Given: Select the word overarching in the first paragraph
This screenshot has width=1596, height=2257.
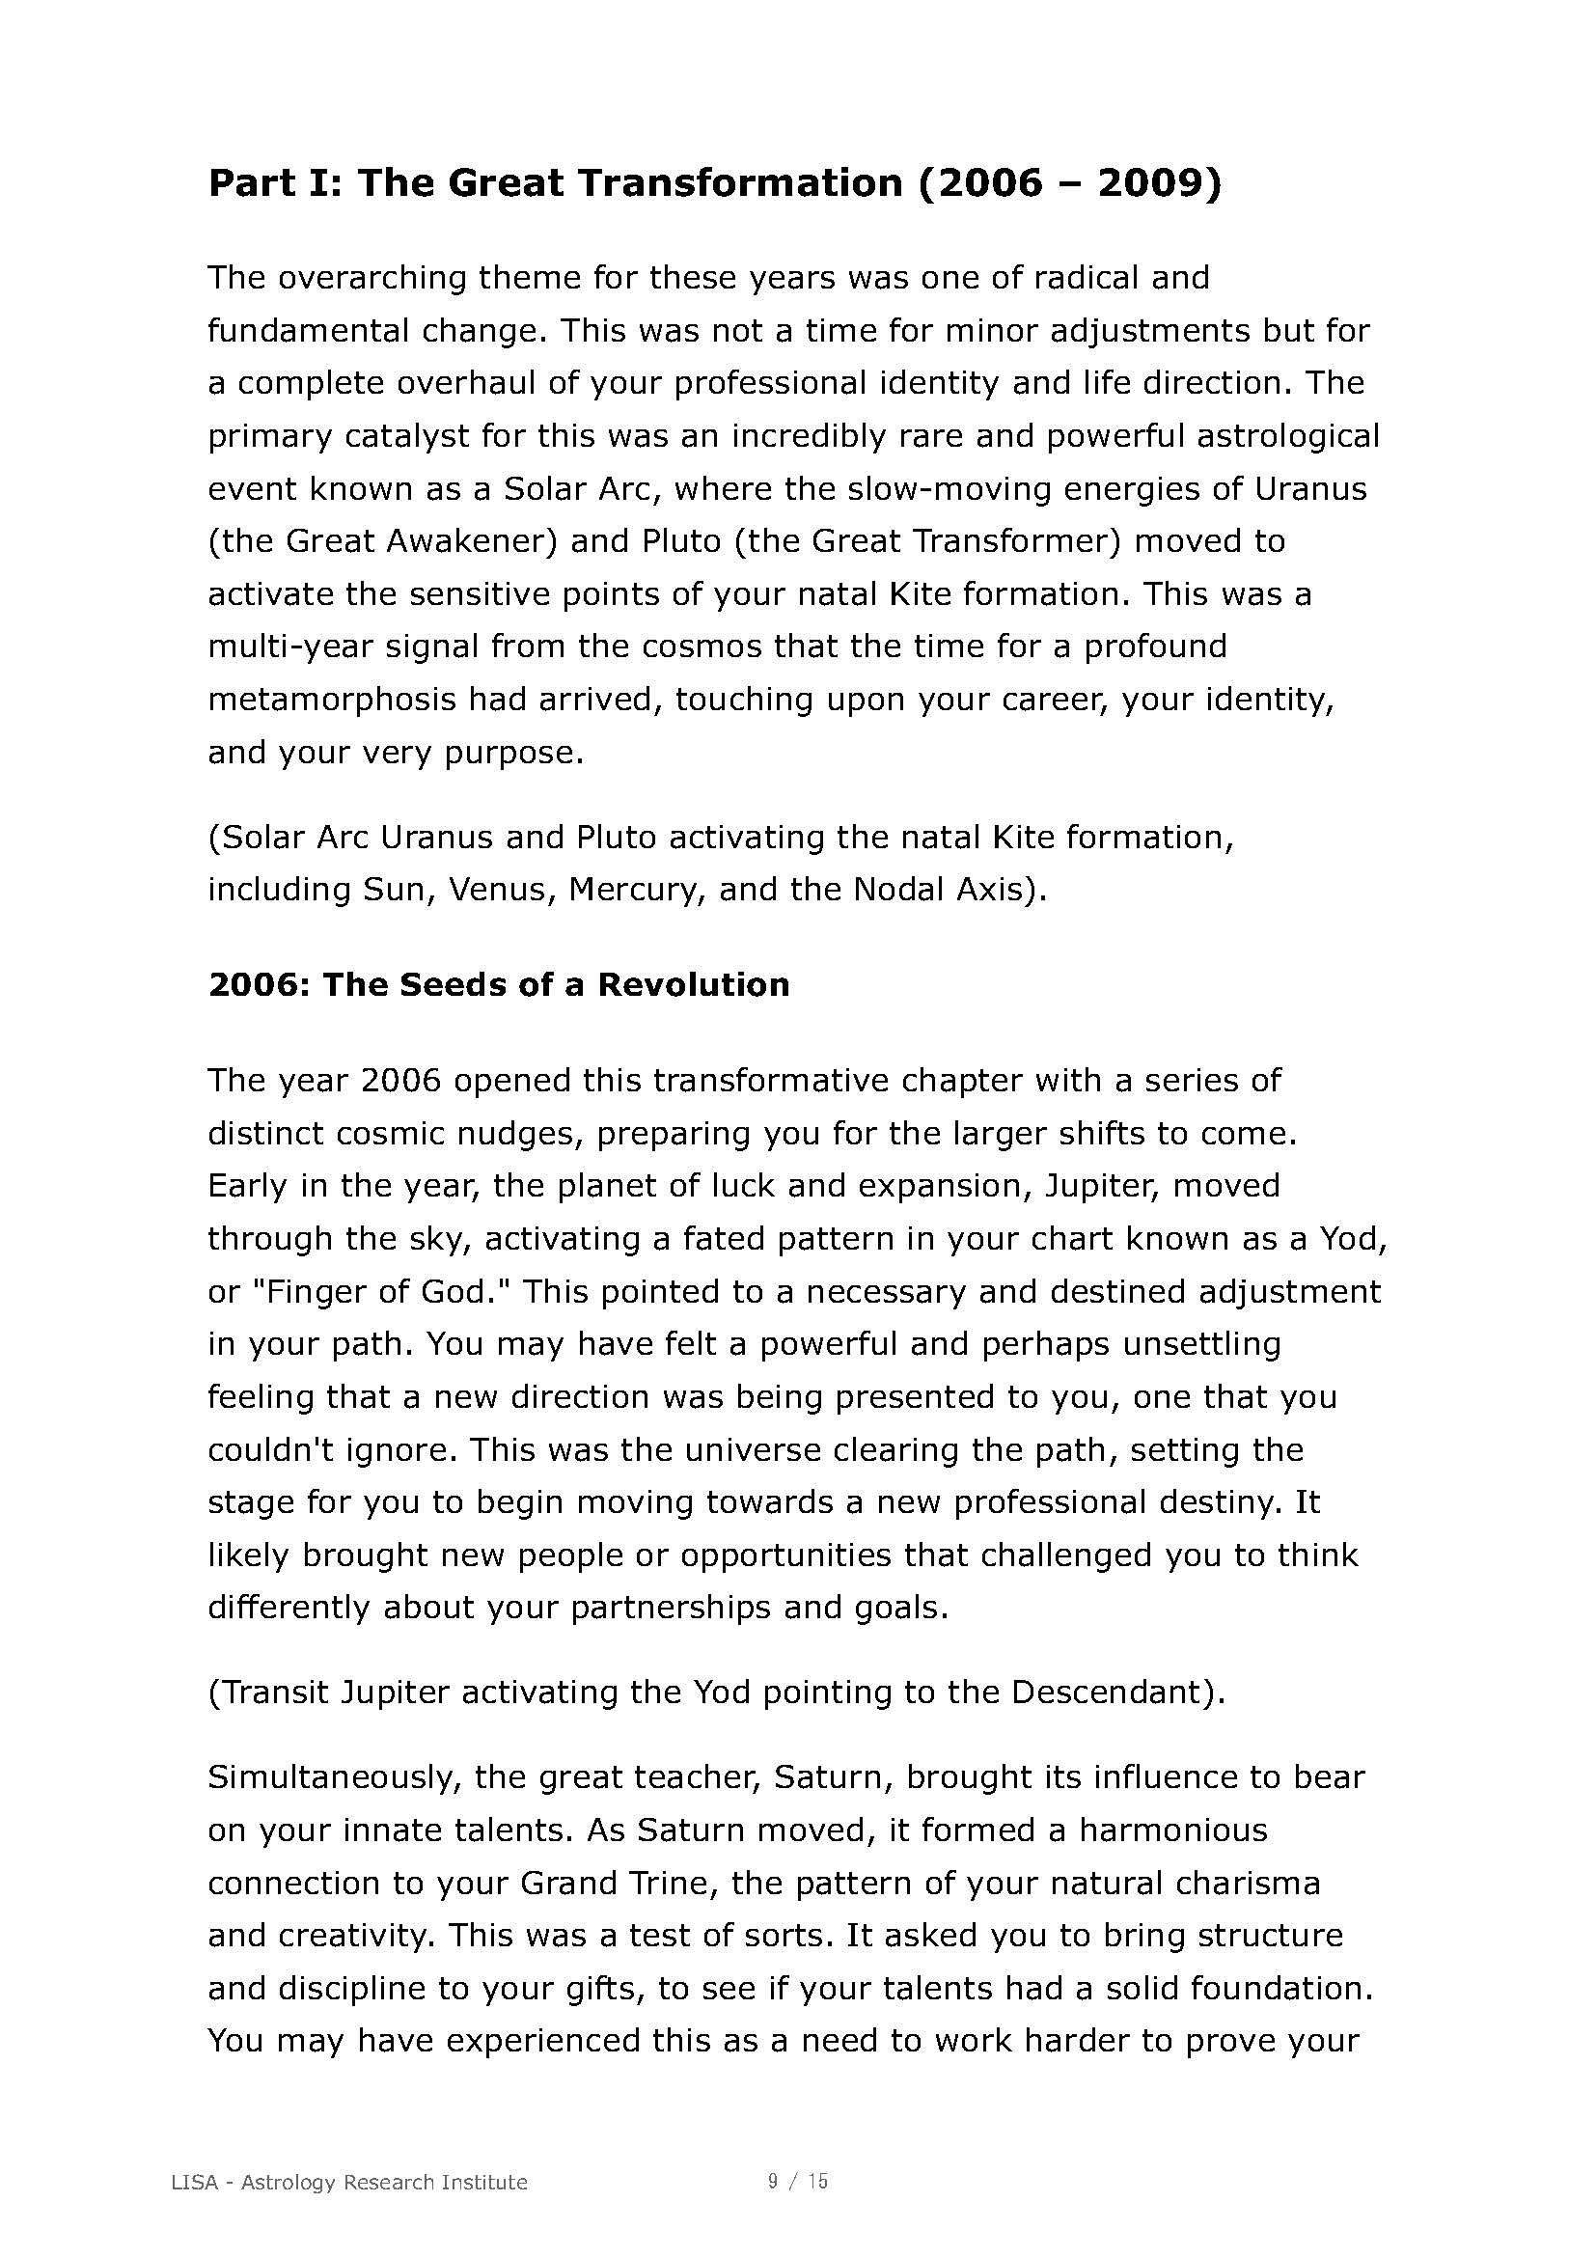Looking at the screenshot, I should [x=376, y=278].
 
